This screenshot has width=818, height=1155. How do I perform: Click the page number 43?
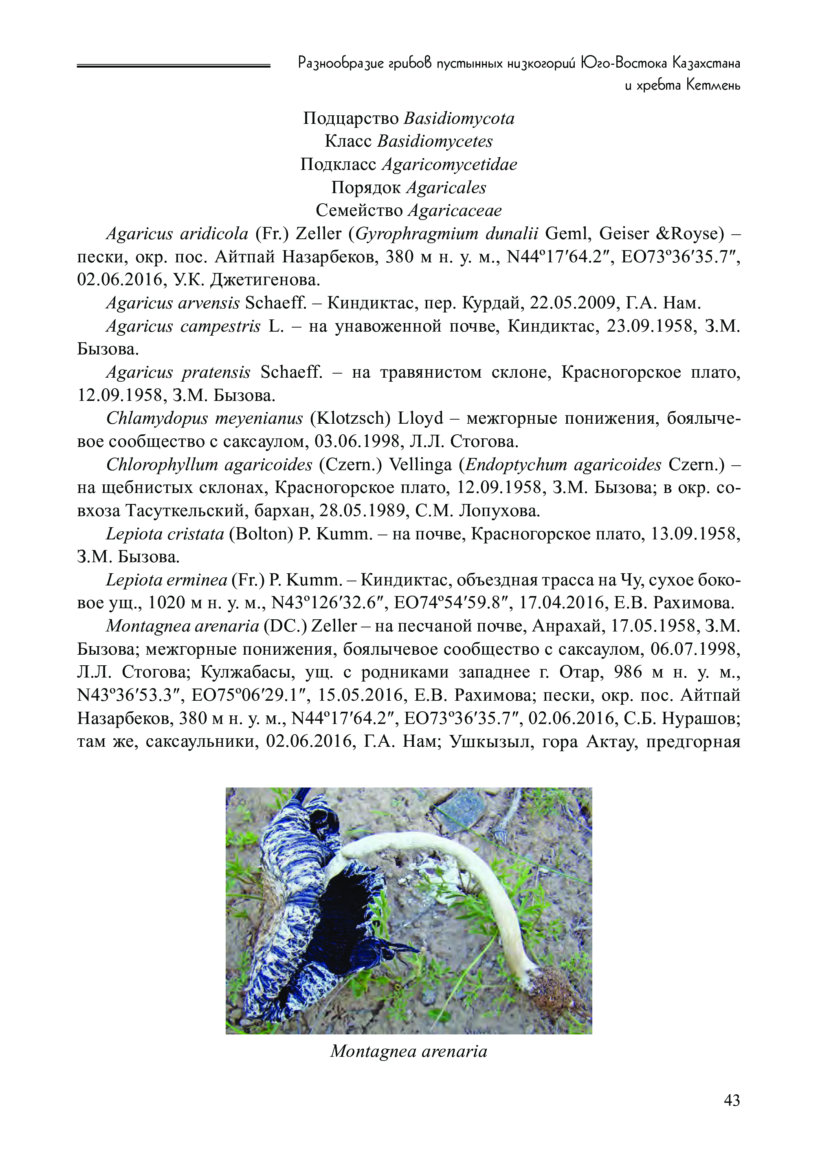pos(731,1100)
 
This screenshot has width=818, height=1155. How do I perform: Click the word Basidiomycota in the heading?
pos(459,119)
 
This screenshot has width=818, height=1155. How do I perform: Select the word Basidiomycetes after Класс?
pos(435,141)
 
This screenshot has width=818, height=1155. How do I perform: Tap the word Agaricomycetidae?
pos(449,165)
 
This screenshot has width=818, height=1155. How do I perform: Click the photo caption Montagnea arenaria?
pos(409,1051)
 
